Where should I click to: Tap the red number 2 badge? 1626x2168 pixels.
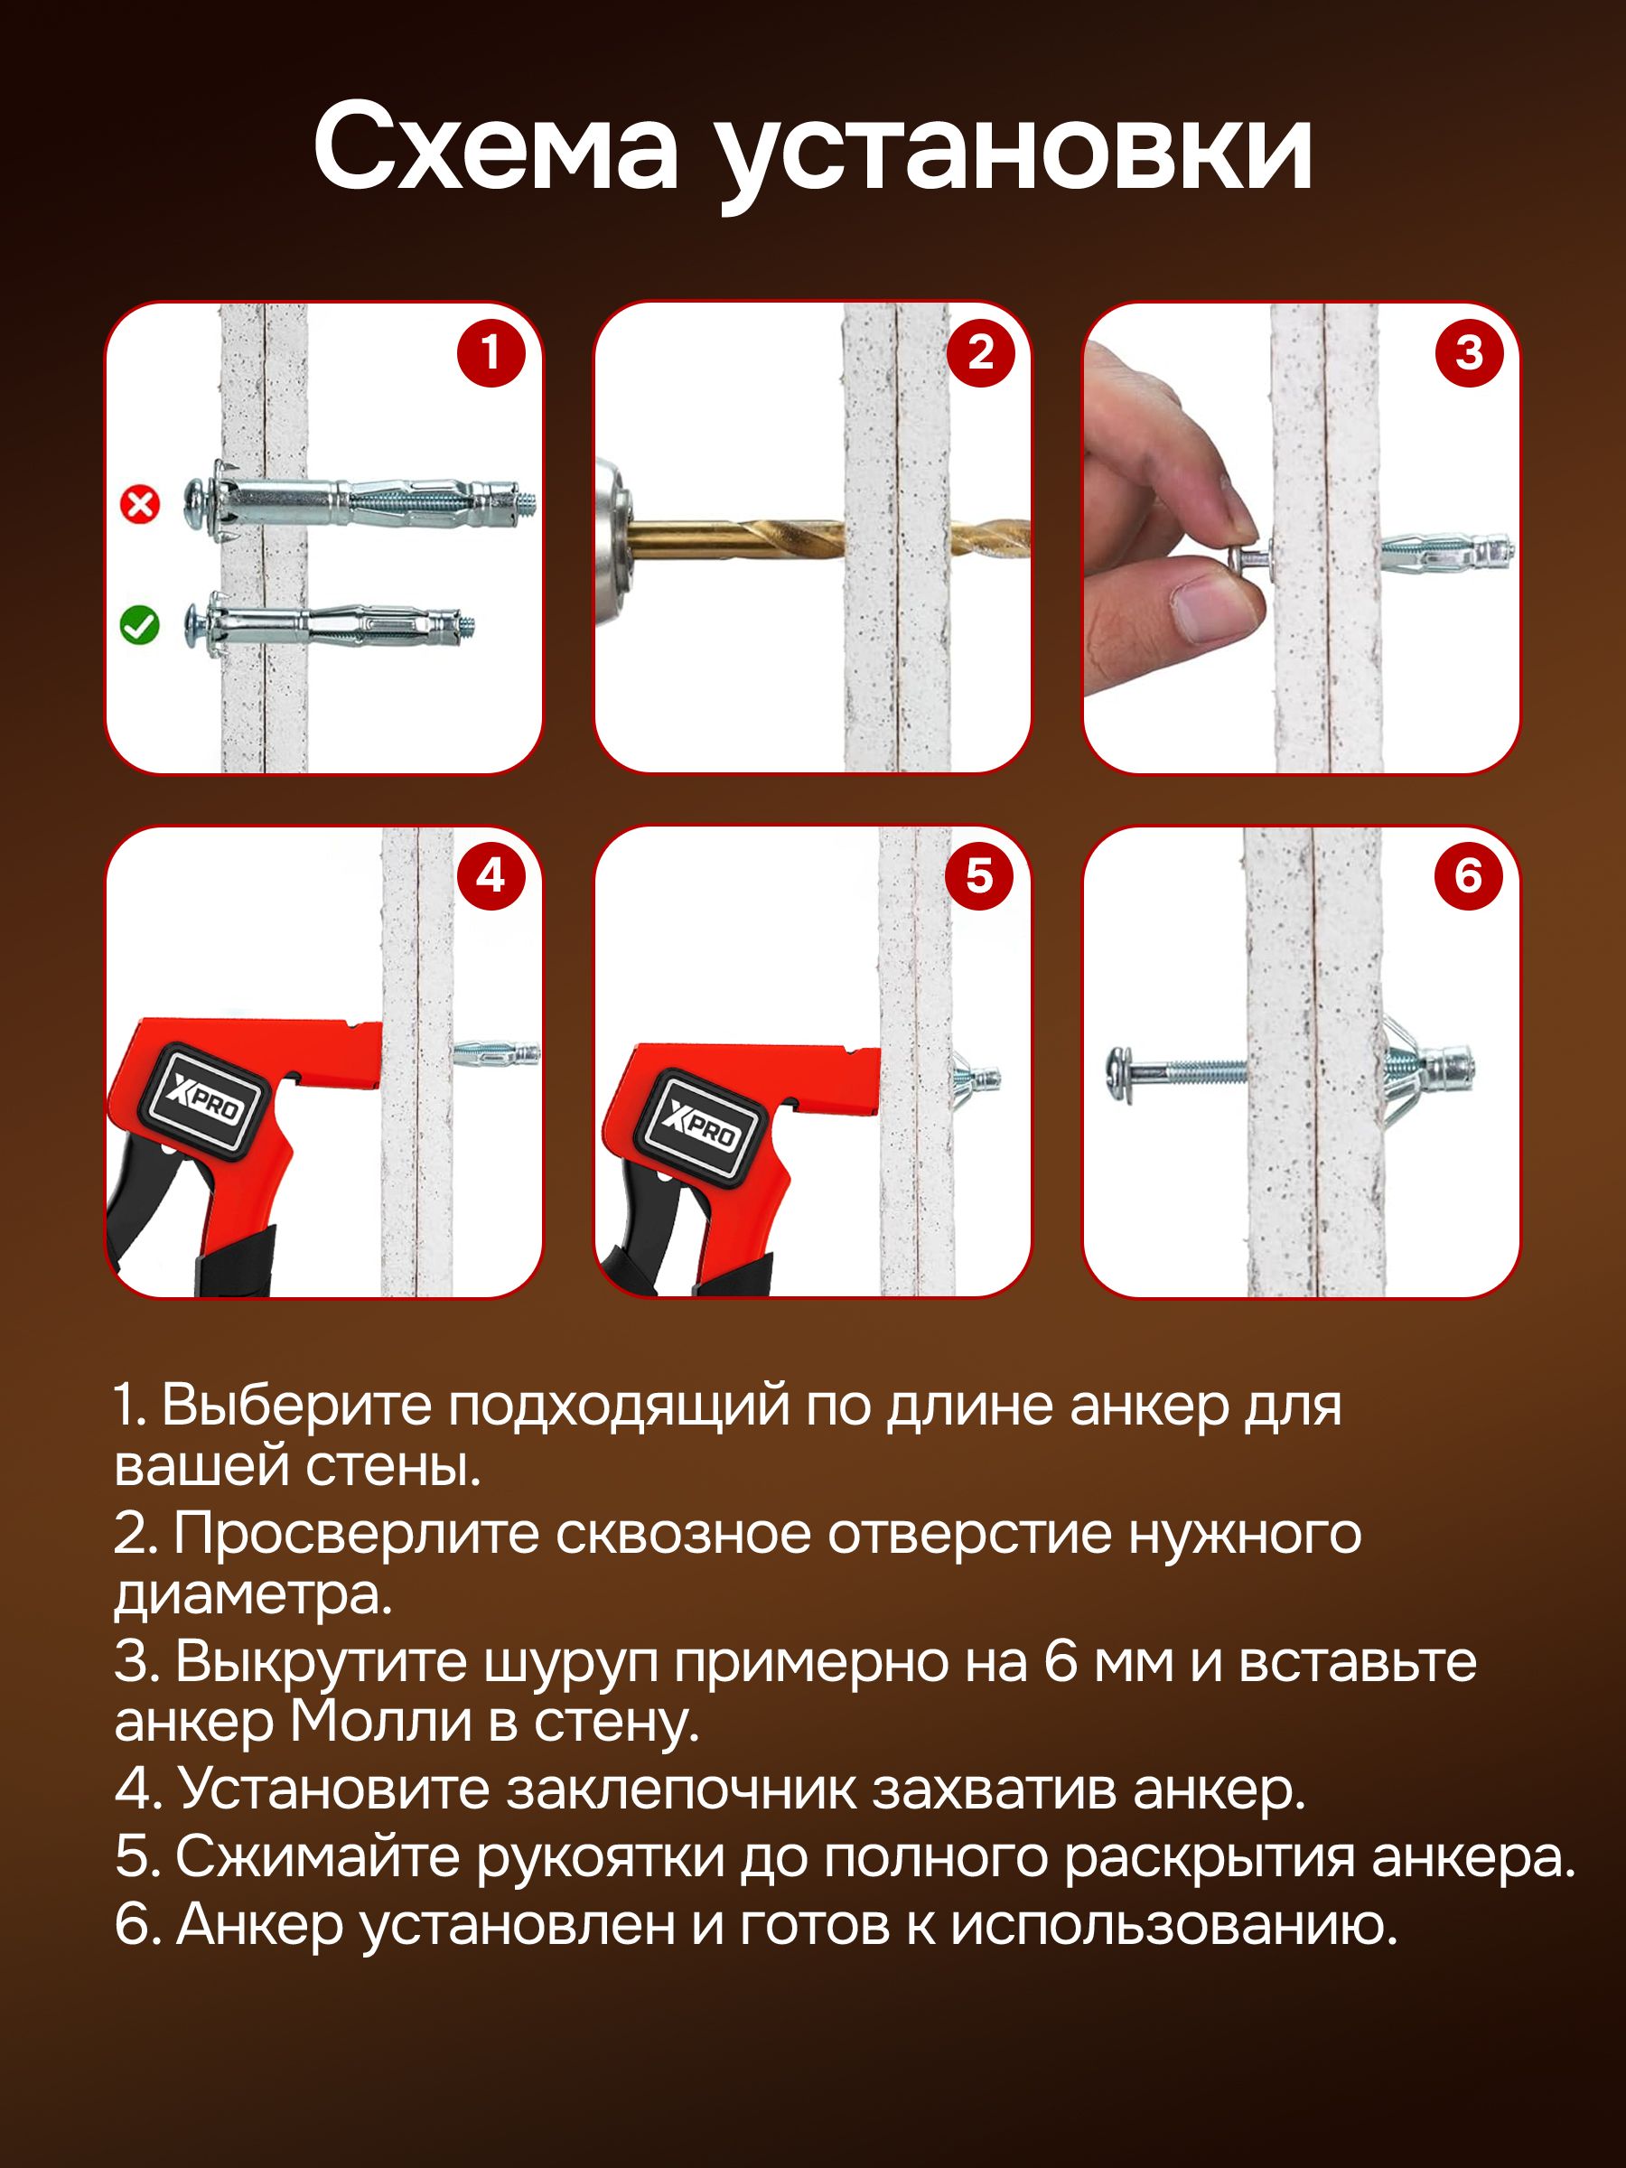980,352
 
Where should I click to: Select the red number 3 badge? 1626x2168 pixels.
1469,352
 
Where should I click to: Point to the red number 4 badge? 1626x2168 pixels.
491,874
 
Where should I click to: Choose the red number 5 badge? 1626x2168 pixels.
980,874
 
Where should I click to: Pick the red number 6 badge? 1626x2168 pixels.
1469,874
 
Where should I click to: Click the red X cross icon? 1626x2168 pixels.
139,505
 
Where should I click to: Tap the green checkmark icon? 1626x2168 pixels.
139,624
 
